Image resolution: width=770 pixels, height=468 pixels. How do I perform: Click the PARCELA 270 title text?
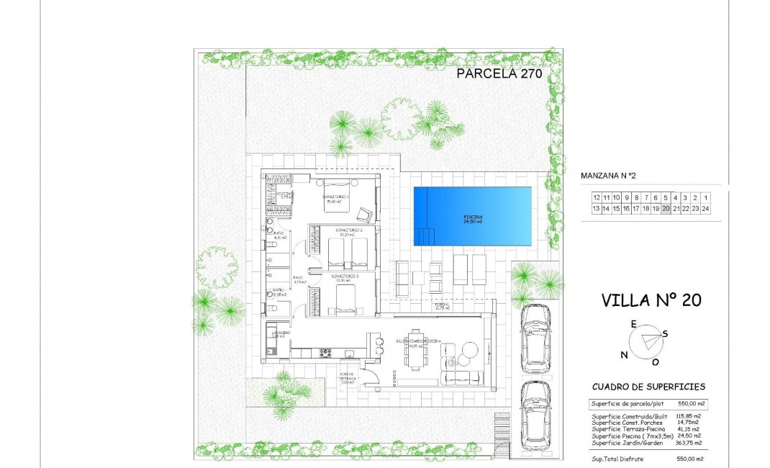tap(499, 73)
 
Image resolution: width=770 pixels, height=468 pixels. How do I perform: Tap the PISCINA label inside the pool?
tap(473, 219)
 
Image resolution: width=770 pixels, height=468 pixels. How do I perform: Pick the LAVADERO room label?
tap(278, 334)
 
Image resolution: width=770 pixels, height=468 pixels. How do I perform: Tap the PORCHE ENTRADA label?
tap(349, 379)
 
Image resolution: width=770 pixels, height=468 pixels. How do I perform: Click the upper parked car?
tap(535, 338)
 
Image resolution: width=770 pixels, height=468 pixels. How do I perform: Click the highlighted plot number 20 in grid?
tap(666, 209)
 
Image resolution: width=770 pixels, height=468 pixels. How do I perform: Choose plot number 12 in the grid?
tap(597, 197)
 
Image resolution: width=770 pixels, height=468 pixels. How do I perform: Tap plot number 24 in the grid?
tap(706, 209)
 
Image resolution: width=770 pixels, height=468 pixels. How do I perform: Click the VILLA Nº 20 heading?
tap(651, 300)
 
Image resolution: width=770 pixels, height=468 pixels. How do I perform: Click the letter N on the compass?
tap(624, 354)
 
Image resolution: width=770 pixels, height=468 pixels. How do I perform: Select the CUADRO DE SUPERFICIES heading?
tap(648, 387)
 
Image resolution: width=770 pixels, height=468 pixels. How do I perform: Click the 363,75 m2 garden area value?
tap(687, 441)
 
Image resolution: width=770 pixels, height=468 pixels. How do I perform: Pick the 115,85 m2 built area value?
tap(687, 416)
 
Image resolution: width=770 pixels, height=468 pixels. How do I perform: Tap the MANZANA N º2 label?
tap(609, 175)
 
